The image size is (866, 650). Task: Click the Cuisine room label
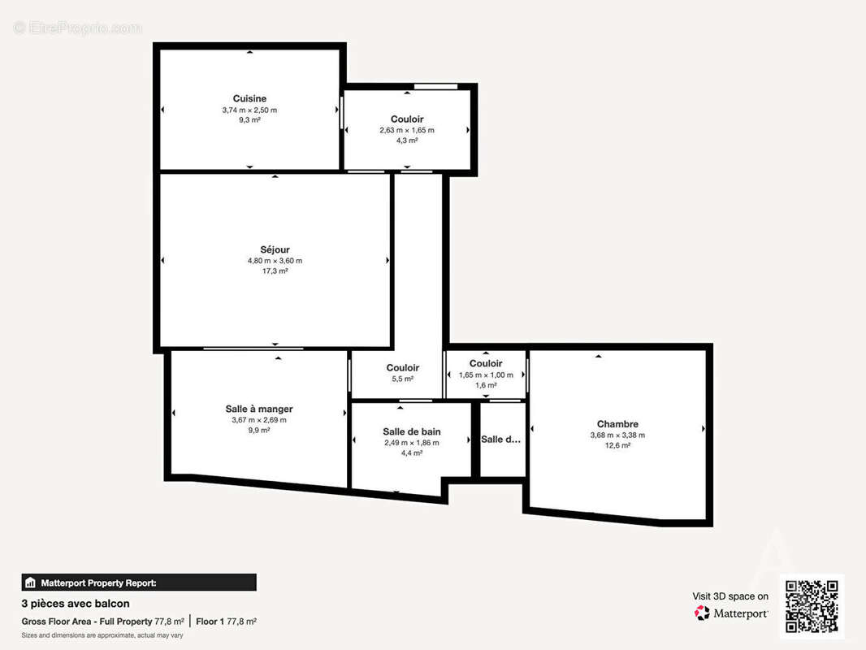249,98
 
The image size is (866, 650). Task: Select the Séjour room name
275,249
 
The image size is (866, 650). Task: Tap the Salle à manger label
259,409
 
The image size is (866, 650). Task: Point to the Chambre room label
617,424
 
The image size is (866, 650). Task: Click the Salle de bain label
412,431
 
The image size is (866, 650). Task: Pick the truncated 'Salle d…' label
501,440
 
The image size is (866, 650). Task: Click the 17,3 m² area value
275,271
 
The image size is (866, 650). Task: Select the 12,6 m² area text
617,445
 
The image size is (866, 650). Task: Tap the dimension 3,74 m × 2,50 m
249,110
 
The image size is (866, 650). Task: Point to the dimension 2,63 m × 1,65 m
407,130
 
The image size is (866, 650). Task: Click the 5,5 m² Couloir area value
403,379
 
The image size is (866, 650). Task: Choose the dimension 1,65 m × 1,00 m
486,375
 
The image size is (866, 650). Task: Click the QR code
812,606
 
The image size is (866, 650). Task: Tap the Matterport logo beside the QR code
731,613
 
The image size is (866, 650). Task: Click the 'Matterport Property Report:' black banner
139,582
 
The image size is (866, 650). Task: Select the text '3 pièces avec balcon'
76,604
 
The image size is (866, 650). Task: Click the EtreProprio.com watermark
78,28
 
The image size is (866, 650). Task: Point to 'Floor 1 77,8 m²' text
227,621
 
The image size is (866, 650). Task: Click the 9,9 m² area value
259,431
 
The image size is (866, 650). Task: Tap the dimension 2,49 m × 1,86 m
412,443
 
